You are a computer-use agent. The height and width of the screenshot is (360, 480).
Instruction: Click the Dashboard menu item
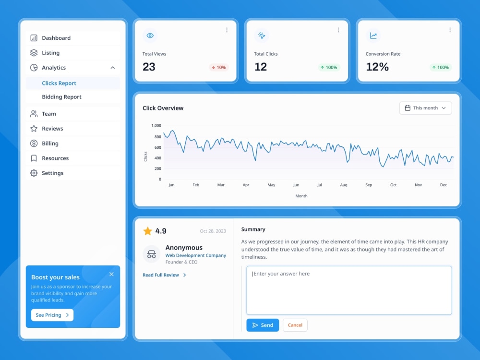56,38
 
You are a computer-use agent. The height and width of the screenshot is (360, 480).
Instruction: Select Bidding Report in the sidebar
61,97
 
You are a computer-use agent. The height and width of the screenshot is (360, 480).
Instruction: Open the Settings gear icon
34,173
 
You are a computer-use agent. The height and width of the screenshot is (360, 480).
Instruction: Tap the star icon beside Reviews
34,129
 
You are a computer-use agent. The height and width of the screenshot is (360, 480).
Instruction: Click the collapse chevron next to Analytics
113,68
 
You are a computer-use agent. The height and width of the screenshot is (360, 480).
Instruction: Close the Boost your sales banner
111,274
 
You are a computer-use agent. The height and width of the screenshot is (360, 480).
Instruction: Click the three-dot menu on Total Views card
227,30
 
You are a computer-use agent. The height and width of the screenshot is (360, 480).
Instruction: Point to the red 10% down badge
218,67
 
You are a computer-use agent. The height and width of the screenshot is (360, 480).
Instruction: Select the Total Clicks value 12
261,67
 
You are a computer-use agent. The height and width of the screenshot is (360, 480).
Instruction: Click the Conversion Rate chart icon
373,36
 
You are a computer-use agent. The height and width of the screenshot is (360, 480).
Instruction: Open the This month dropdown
425,108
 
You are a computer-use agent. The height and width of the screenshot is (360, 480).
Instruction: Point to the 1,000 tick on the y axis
156,125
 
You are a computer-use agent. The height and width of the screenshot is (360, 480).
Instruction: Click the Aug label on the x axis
344,185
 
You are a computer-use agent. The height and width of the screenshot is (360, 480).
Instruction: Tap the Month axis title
301,196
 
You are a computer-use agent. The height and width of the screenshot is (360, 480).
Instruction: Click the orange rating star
147,231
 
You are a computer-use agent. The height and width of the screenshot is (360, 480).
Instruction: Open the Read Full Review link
164,275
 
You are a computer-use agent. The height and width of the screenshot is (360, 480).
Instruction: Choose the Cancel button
295,325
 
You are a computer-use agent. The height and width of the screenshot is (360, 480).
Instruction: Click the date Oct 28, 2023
213,231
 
